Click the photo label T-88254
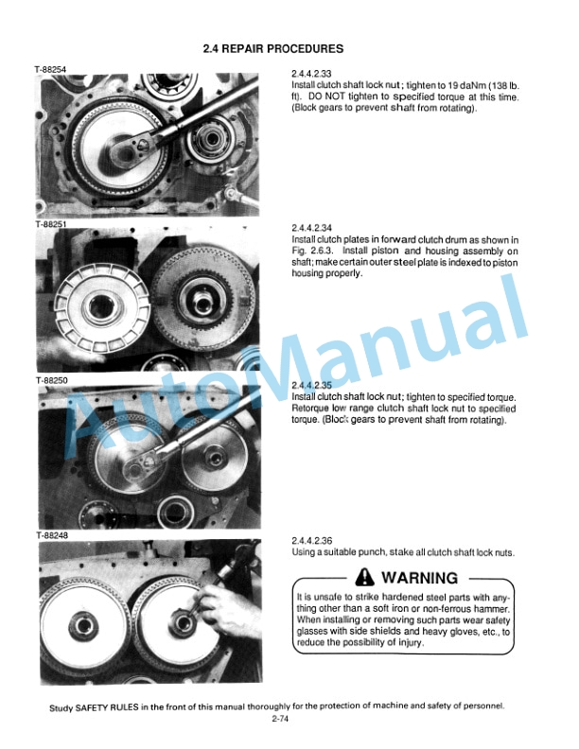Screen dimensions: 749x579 [50, 69]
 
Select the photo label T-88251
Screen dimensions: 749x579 [50, 225]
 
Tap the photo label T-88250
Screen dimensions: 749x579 [50, 380]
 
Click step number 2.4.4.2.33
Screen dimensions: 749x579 [312, 74]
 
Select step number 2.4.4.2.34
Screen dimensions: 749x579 [312, 229]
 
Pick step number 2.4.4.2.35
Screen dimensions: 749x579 [312, 385]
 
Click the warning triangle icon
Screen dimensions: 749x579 [362, 578]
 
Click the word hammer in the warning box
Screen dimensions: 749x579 [492, 610]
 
